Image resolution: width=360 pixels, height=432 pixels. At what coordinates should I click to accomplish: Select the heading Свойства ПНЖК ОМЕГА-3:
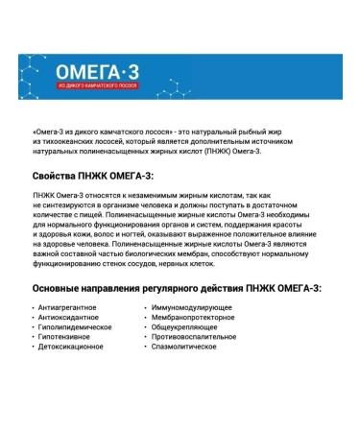(x=92, y=176)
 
